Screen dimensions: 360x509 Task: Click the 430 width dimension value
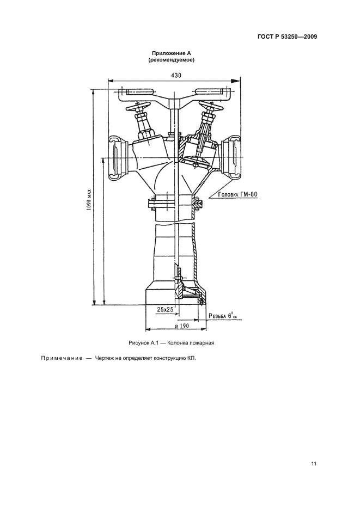[x=176, y=75]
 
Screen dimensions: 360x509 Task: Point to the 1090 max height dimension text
[x=89, y=200]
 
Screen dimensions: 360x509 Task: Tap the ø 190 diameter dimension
[x=182, y=326]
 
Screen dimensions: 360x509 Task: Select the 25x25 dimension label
[x=165, y=309]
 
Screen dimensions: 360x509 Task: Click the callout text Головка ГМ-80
[x=237, y=194]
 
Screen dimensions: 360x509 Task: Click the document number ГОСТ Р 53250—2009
[x=287, y=36]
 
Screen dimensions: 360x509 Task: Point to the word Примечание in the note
[x=62, y=359]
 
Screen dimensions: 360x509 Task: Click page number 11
[x=314, y=464]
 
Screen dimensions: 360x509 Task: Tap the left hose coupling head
[x=115, y=157]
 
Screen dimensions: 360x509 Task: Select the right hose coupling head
[x=235, y=157]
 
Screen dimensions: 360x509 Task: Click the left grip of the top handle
[x=139, y=93]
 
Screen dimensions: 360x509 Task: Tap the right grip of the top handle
[x=211, y=93]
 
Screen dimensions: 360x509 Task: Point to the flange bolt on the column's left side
[x=152, y=204]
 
